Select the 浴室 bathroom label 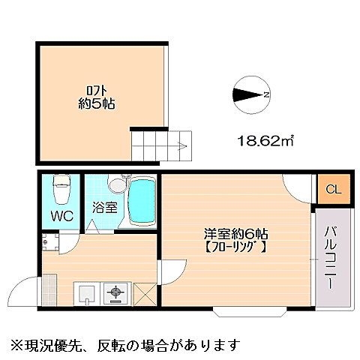click(104, 208)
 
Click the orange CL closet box click(332, 189)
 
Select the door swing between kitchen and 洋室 click(172, 270)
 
